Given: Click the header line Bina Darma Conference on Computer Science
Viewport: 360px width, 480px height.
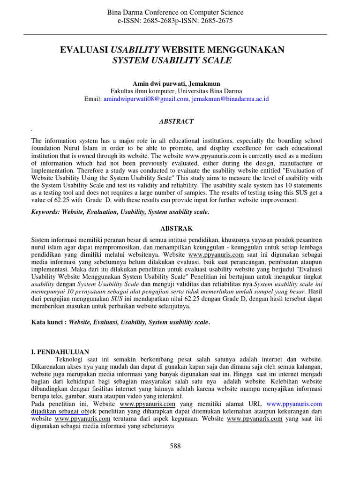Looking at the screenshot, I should click(x=176, y=12).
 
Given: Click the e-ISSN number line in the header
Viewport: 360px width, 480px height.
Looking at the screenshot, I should click(x=176, y=21).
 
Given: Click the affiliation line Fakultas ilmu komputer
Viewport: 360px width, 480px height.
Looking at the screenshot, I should click(x=176, y=91).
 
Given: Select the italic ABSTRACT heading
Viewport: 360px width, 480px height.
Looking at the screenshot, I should click(x=176, y=121).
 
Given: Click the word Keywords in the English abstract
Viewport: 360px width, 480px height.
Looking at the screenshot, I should click(x=46, y=212).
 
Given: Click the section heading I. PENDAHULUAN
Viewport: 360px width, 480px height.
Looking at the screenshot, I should click(x=60, y=352).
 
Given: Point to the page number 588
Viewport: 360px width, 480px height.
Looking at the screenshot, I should click(x=175, y=446).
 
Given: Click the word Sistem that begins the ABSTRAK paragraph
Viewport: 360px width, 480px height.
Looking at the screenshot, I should click(x=40, y=240).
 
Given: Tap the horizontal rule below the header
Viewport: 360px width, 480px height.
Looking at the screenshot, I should click(x=175, y=34).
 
